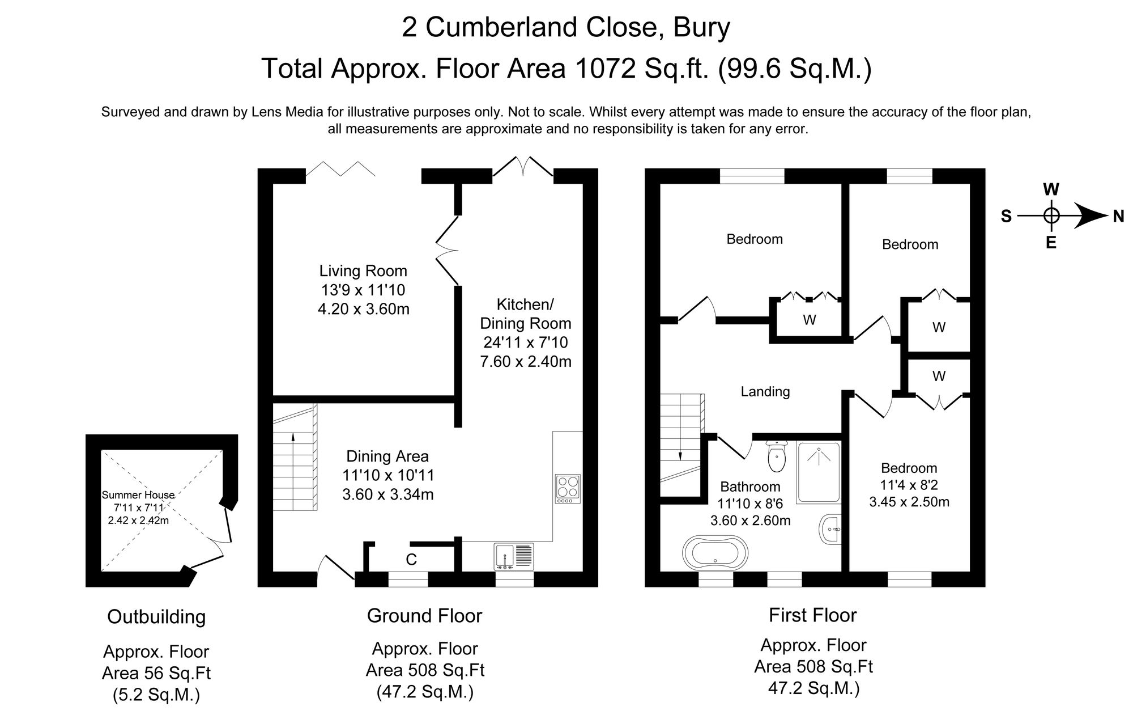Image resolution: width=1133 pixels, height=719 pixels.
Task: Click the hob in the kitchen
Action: coord(568,489)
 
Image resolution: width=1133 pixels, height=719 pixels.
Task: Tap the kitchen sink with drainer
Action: coord(514,556)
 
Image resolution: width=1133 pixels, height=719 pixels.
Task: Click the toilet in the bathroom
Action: coord(776,457)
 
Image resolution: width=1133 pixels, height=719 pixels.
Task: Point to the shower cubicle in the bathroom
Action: coord(818,472)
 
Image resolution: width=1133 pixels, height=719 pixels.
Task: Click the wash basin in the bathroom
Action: coord(831,530)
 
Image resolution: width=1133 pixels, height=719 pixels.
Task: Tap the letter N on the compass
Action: coord(1118,216)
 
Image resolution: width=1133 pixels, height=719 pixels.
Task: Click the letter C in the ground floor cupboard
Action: coord(411,560)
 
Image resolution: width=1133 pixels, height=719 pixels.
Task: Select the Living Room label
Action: coord(363,270)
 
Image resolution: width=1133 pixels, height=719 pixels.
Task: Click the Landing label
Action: coord(765,391)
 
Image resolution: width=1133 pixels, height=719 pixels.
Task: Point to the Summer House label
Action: coord(138,494)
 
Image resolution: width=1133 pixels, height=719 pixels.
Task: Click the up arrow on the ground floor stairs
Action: coord(293,437)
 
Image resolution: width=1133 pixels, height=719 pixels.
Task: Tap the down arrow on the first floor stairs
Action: coord(680,455)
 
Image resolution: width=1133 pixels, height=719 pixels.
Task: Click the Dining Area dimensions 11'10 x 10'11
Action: coord(388,475)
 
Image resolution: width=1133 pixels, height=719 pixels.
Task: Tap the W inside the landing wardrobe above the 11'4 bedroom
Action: coord(939,376)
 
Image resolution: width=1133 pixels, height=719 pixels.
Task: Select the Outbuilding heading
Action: coord(156,616)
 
